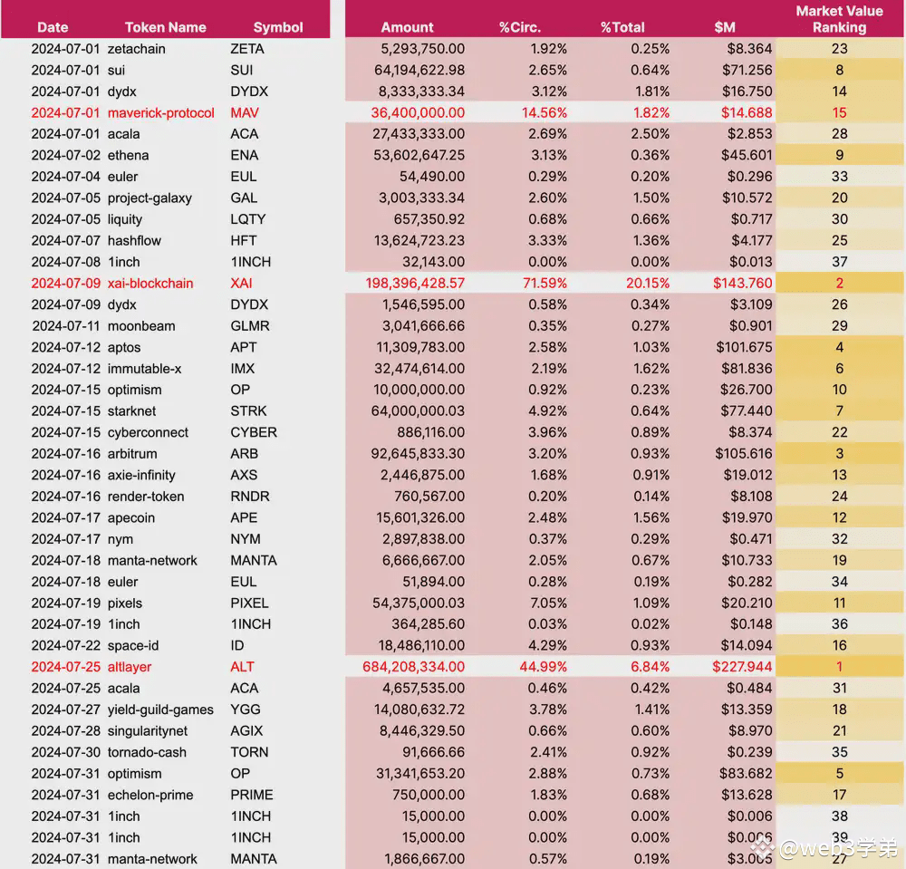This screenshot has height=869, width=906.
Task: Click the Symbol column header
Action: click(x=278, y=27)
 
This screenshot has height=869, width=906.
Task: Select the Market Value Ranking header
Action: click(x=839, y=19)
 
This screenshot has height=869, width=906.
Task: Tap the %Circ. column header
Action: click(x=520, y=27)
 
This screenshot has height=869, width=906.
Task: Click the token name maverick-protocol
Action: click(x=160, y=112)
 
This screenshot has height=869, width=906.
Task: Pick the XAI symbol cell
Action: click(x=241, y=283)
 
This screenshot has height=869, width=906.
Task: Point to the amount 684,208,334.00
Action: click(x=413, y=667)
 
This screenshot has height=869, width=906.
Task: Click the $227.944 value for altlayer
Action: click(x=742, y=667)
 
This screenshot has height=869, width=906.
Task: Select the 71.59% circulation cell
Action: click(x=545, y=283)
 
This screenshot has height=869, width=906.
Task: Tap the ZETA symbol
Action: click(x=246, y=49)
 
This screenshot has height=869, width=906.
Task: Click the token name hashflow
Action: click(x=134, y=240)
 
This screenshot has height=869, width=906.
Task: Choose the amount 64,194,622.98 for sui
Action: click(x=419, y=70)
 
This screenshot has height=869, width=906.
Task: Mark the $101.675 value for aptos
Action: click(x=744, y=347)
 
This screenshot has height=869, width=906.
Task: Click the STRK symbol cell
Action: click(x=248, y=410)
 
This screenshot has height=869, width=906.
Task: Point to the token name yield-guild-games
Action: click(x=160, y=710)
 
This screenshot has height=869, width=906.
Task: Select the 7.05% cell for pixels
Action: click(x=548, y=603)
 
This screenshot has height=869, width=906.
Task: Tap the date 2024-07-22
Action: click(x=66, y=645)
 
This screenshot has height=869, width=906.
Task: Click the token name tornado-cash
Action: click(x=147, y=752)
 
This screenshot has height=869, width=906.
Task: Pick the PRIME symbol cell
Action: click(x=251, y=795)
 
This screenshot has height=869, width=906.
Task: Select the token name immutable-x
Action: click(x=144, y=369)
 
